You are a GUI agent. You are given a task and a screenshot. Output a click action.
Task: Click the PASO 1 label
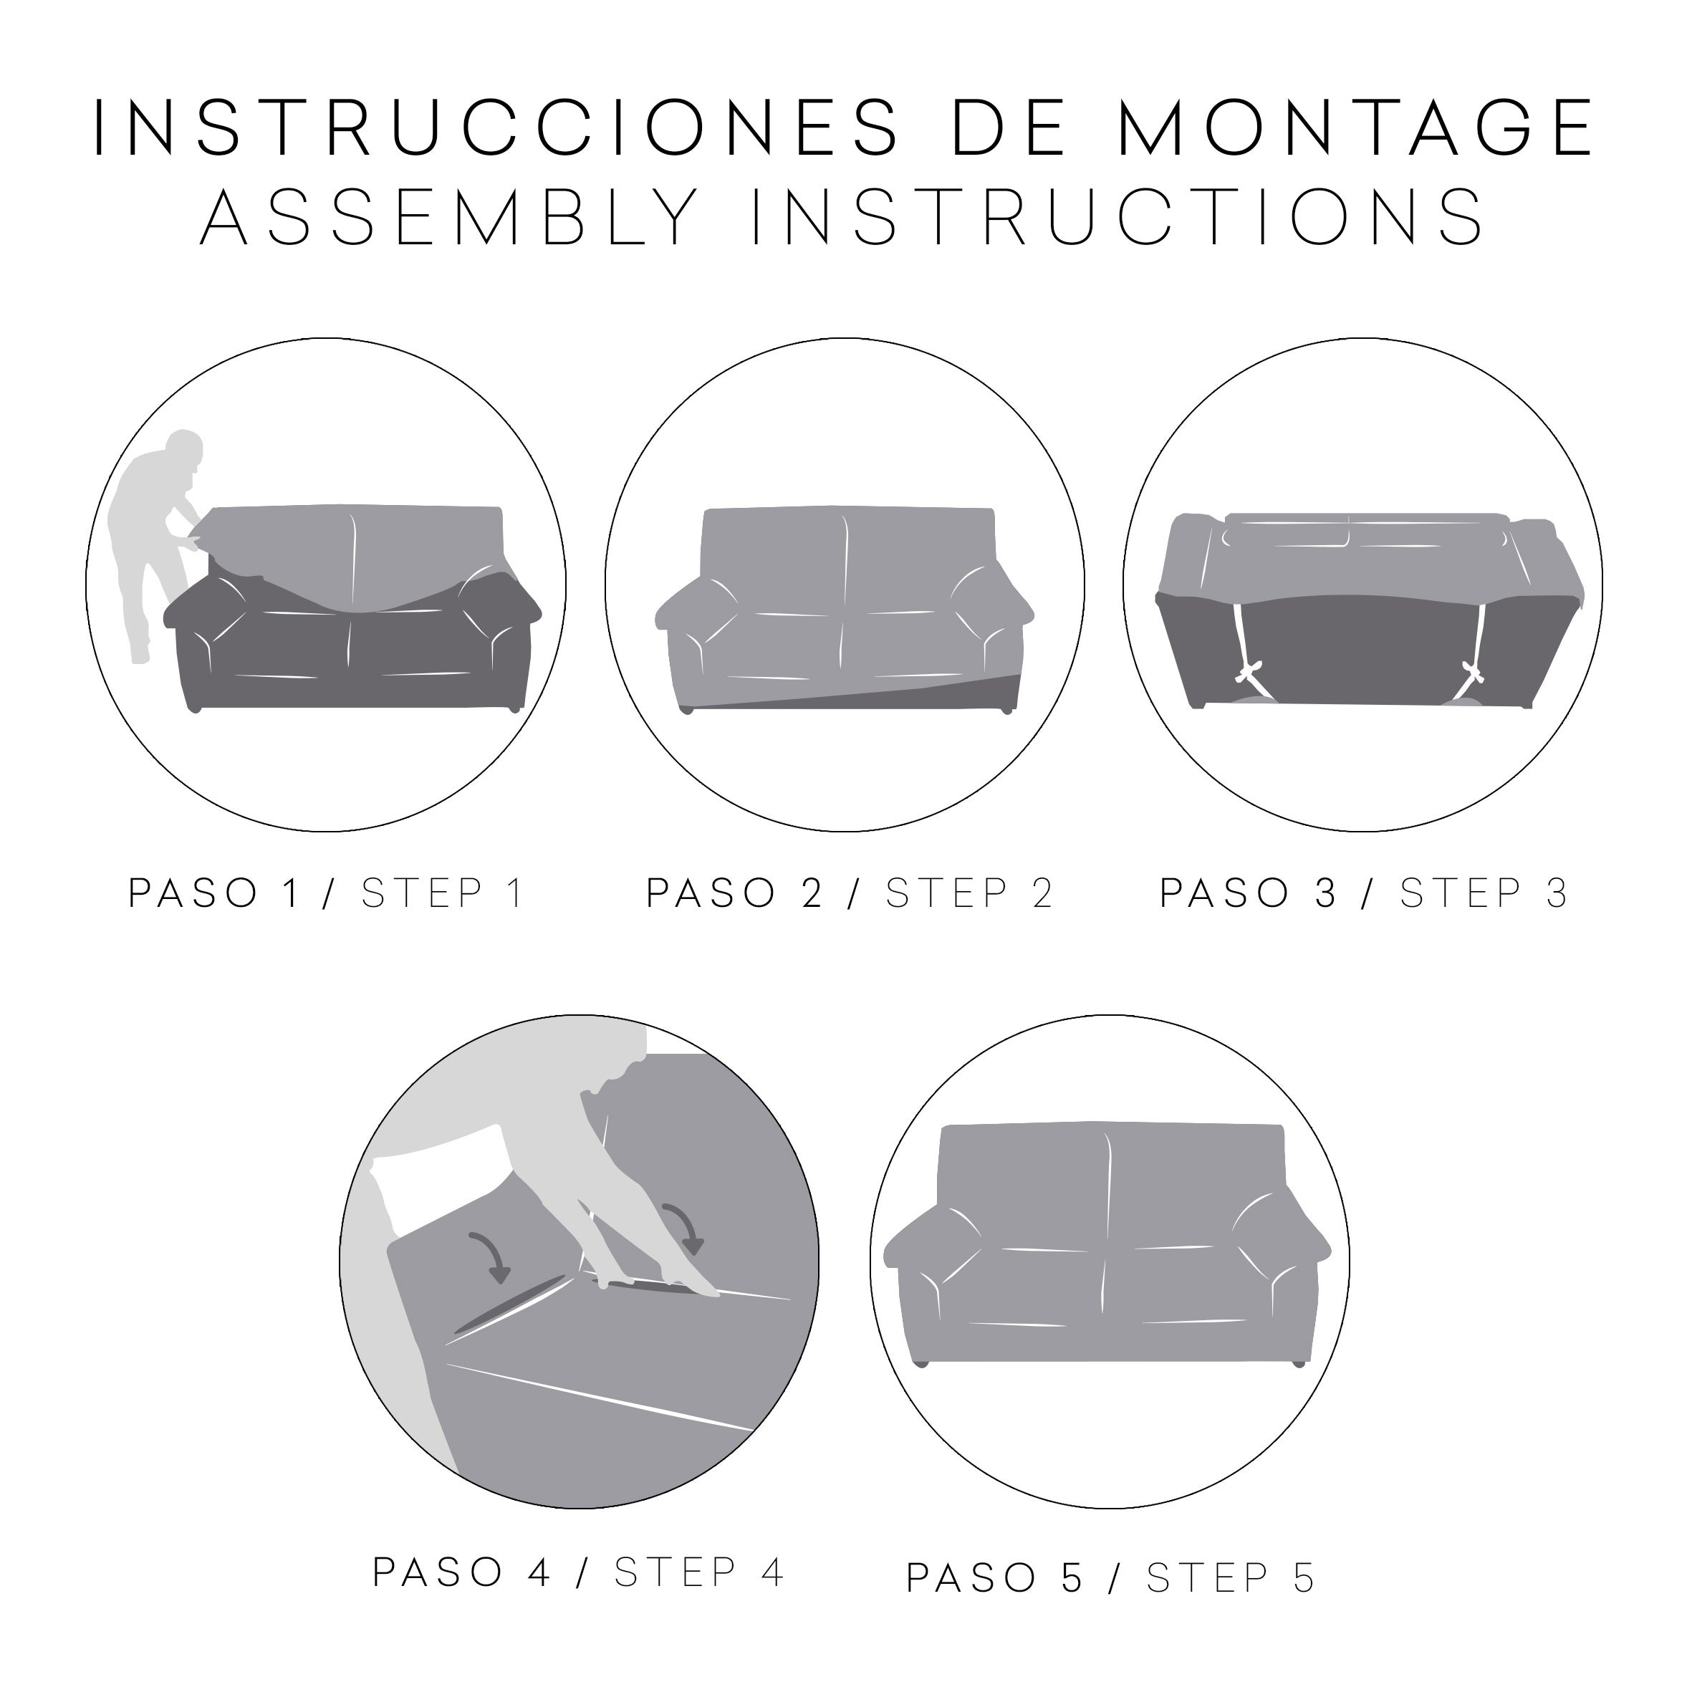pyautogui.click(x=215, y=893)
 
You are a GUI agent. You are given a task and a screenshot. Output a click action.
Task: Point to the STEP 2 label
pyautogui.click(x=968, y=893)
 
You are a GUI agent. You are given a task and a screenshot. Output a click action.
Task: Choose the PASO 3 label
pyautogui.click(x=1248, y=893)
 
